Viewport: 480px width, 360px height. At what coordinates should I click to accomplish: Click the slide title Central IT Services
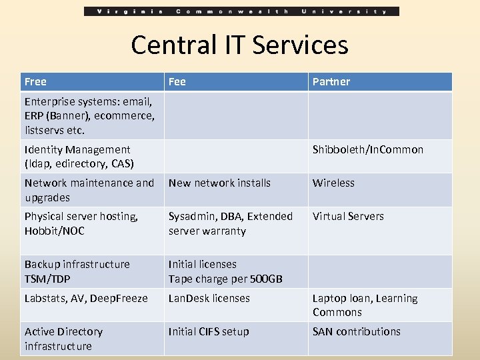tap(239, 45)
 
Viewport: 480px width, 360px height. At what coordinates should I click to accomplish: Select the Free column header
tap(36, 82)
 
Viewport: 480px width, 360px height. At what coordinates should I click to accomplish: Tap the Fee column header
tap(177, 82)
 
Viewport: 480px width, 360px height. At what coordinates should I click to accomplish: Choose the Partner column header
tap(331, 82)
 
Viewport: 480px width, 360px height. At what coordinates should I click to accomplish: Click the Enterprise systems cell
tap(89, 116)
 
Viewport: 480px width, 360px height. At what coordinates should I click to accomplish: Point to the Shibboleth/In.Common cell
tap(368, 150)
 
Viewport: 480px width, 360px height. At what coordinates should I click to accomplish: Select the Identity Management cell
tap(79, 157)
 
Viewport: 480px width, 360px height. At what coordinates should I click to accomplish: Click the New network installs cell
tap(220, 183)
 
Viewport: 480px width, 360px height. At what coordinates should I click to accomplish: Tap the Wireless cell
tap(334, 183)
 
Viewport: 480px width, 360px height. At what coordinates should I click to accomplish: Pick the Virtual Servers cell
tap(349, 217)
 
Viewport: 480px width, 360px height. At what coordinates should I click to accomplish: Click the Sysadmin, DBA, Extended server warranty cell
tap(231, 224)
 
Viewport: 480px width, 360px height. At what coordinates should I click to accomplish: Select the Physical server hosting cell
tap(81, 224)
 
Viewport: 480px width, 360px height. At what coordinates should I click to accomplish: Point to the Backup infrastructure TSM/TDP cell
tap(77, 271)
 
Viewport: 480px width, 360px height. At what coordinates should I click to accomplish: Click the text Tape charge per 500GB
tap(225, 279)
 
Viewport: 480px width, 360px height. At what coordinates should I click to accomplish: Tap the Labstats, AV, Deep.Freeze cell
tap(86, 299)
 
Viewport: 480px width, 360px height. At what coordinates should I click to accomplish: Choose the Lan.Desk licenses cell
tap(209, 299)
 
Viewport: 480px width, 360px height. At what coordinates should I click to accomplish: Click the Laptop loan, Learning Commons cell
tap(365, 305)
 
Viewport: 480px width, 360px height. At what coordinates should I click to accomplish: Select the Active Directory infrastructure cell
tap(64, 339)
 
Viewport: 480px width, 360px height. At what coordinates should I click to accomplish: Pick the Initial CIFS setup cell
tap(209, 332)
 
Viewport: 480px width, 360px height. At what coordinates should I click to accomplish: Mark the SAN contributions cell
tap(357, 332)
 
